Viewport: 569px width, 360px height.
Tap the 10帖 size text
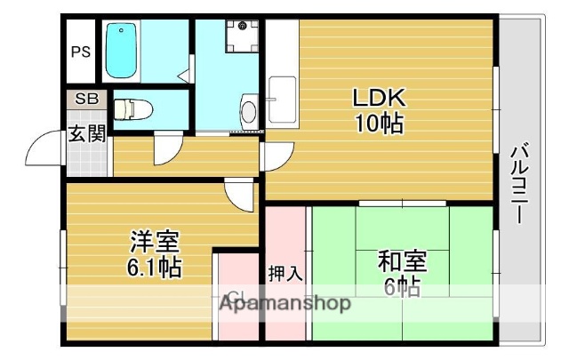tap(380, 123)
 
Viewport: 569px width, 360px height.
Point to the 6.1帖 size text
tap(153, 266)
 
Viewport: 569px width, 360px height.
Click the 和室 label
tap(402, 261)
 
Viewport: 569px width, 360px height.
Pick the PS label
tap(80, 52)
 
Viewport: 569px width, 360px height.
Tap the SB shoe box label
tap(85, 99)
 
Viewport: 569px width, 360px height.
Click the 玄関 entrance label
tap(86, 133)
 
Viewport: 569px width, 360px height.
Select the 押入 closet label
tap(284, 273)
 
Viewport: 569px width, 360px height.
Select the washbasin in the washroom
tap(249, 110)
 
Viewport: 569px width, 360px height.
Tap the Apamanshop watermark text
tap(284, 303)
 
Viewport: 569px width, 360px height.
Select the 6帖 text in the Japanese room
tap(402, 286)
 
